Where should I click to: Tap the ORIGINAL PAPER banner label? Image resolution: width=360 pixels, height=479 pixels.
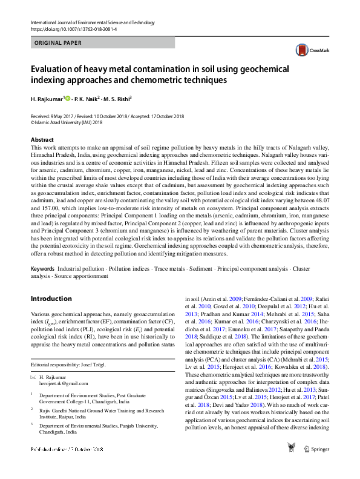pyautogui.click(x=56, y=43)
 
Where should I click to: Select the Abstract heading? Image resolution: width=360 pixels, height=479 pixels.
pyautogui.click(x=42, y=139)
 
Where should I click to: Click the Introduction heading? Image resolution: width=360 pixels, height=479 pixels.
pyautogui.click(x=51, y=299)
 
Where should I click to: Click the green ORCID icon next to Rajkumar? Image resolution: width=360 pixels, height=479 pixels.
pyautogui.click(x=67, y=99)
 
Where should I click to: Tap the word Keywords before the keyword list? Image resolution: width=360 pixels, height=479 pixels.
pyautogui.click(x=44, y=268)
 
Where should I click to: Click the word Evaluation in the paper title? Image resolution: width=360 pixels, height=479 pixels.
pyautogui.click(x=53, y=69)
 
